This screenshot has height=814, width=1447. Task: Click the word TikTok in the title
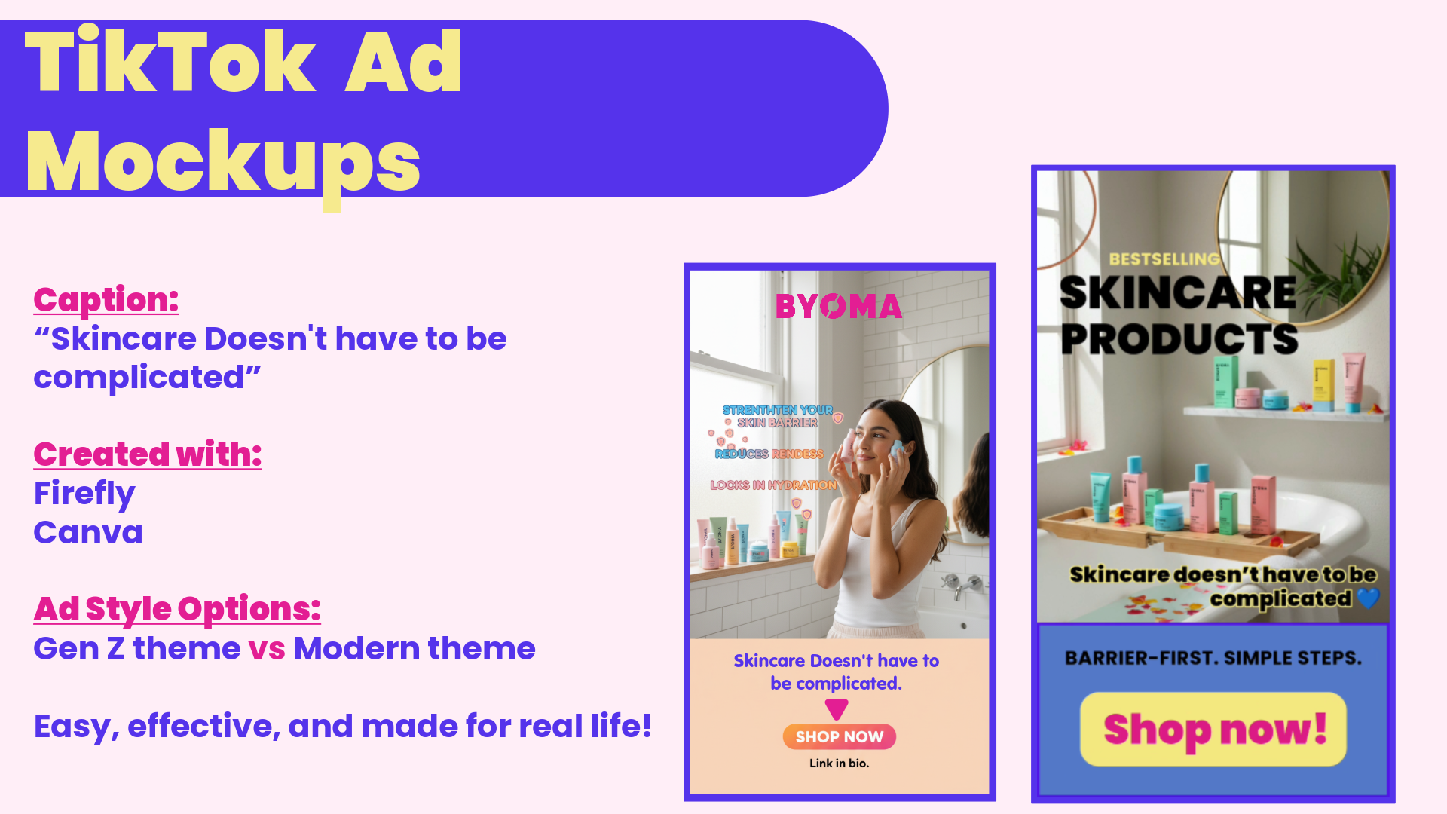(x=170, y=63)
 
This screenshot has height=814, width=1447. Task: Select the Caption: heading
(x=106, y=300)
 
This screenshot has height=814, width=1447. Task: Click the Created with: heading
(x=148, y=454)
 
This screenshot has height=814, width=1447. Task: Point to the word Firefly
(x=84, y=494)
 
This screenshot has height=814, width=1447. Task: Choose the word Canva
(x=88, y=533)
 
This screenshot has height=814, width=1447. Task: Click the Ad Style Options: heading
(x=177, y=609)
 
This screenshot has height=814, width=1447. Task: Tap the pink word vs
(x=267, y=649)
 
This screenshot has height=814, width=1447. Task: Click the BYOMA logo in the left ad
(x=839, y=307)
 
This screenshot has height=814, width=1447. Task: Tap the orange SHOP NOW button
(x=839, y=736)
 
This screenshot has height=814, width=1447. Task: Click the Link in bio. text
(x=839, y=764)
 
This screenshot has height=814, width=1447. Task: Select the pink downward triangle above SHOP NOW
(x=837, y=708)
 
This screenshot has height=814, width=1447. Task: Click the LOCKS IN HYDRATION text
(x=773, y=485)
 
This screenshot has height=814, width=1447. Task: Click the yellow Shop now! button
(x=1213, y=729)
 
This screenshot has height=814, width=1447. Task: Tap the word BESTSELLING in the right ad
(x=1164, y=259)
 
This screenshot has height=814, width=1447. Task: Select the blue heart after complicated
(x=1368, y=598)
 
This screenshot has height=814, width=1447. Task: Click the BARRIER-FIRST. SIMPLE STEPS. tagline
(x=1213, y=658)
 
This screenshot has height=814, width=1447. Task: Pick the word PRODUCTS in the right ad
(x=1179, y=339)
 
